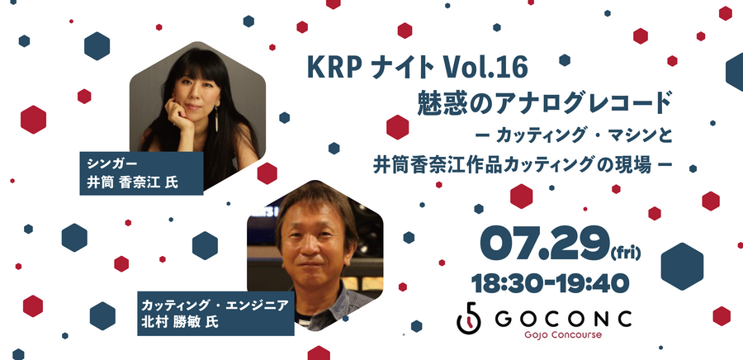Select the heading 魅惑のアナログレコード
542,103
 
